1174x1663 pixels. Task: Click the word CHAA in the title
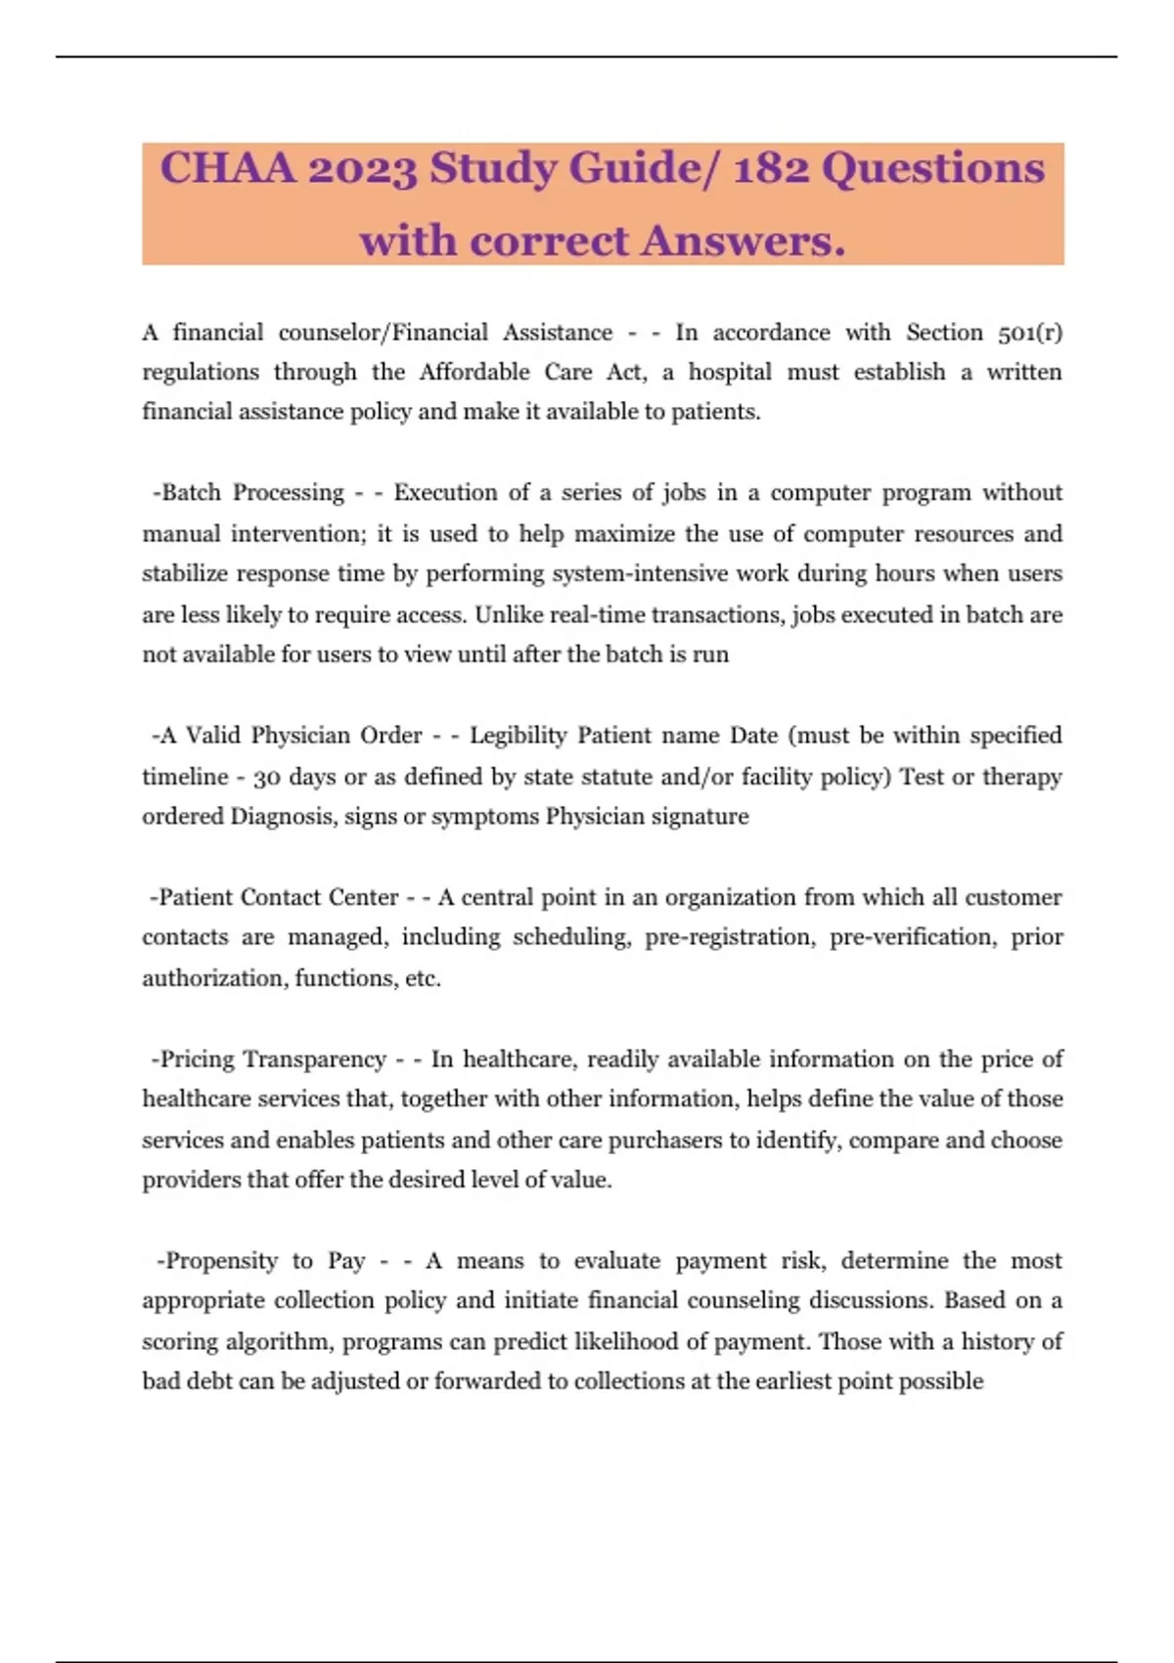tap(227, 168)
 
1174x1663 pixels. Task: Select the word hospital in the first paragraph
tap(729, 373)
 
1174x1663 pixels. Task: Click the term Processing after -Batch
tap(289, 492)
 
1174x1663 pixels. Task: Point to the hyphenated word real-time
tap(598, 614)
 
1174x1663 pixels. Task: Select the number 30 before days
tap(266, 778)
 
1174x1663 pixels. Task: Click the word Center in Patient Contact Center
tap(363, 897)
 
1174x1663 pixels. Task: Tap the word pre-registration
tap(729, 937)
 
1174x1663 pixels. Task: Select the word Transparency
tap(314, 1059)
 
